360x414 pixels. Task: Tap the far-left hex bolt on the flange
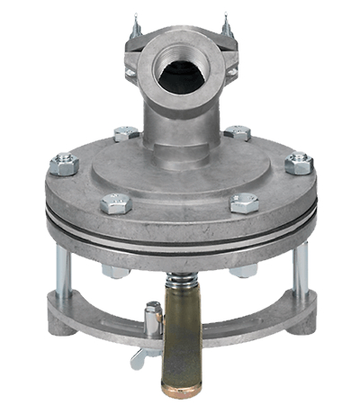[64, 165]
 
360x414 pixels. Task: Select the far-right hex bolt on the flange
[298, 164]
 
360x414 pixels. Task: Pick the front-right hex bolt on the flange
[244, 202]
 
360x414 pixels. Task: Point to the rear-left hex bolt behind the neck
[125, 134]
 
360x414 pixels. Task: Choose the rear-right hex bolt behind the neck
[237, 132]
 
